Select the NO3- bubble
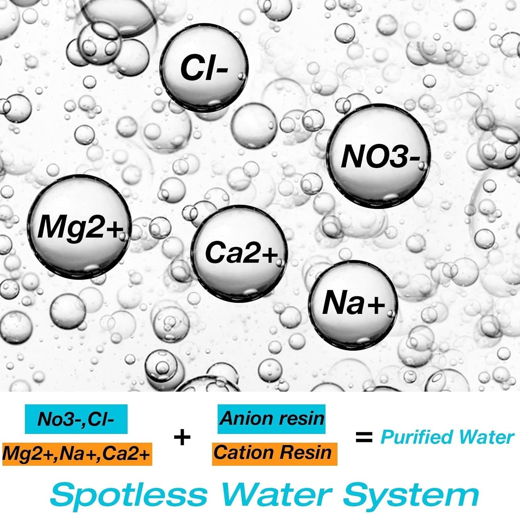tap(379, 157)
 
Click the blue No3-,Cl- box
tap(76, 419)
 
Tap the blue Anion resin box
tap(271, 419)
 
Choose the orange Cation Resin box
tap(274, 453)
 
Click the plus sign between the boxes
tap(182, 437)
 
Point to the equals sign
tap(364, 437)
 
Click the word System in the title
tap(411, 495)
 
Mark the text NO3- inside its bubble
tap(380, 157)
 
